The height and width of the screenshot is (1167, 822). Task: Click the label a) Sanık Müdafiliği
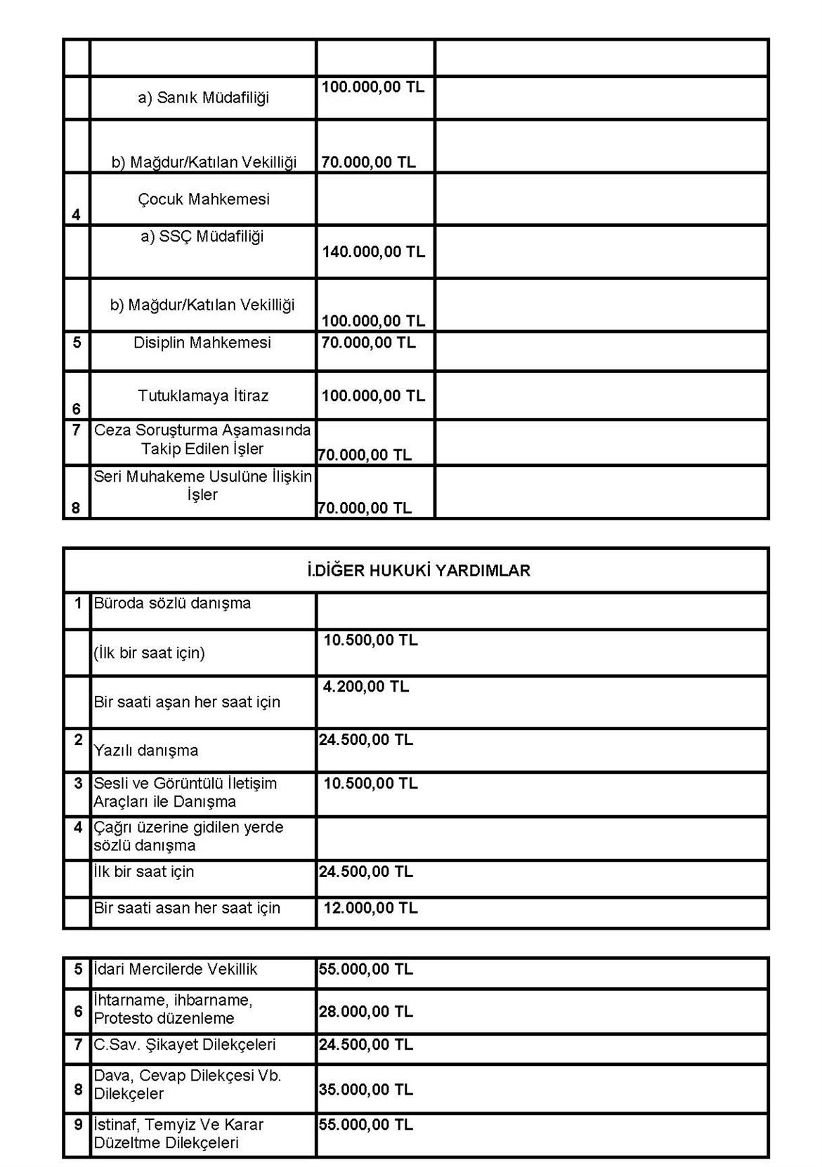click(x=203, y=98)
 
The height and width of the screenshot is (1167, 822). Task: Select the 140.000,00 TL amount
click(x=373, y=251)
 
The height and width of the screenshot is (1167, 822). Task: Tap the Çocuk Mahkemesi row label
click(x=203, y=199)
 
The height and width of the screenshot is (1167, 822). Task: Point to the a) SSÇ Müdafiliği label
click(x=202, y=237)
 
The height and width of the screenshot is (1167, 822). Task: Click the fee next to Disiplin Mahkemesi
click(x=368, y=343)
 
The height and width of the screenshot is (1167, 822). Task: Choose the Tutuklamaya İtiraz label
click(x=203, y=396)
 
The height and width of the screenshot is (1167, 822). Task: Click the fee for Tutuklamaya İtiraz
click(x=373, y=396)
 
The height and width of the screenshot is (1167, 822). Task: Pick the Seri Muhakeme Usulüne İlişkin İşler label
click(x=202, y=485)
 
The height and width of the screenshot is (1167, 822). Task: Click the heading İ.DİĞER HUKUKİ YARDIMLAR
click(x=419, y=571)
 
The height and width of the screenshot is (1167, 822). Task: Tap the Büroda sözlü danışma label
click(x=172, y=603)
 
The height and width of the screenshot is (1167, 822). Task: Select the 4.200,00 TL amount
click(x=365, y=687)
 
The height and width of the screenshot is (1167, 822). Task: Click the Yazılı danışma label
click(x=146, y=751)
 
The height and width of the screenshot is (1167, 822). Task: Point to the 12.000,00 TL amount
click(x=370, y=908)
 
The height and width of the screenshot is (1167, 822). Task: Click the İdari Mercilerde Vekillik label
click(x=176, y=970)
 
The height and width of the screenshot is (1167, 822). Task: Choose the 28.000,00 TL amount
click(x=365, y=1012)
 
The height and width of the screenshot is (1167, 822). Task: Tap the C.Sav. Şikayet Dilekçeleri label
click(x=185, y=1045)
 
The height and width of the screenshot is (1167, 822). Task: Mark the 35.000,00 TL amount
click(x=365, y=1090)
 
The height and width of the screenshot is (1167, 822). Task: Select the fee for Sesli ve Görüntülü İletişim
click(x=370, y=784)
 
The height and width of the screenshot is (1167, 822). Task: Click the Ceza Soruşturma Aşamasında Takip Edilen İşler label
click(x=202, y=440)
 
